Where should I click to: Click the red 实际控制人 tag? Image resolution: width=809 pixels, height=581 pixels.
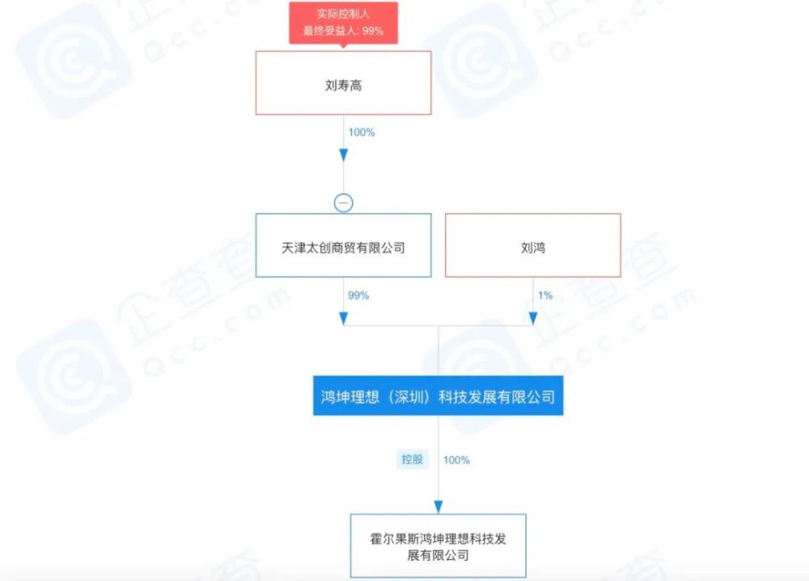pos(343,23)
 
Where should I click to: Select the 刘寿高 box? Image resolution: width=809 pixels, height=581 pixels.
pos(343,83)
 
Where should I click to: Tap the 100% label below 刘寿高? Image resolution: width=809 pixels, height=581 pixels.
pos(361,133)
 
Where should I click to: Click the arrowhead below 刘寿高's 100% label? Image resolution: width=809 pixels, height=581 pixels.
pos(344,155)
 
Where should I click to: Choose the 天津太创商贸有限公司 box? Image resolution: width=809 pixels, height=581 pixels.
pos(343,246)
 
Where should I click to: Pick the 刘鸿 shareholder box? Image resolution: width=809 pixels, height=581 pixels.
pos(533,246)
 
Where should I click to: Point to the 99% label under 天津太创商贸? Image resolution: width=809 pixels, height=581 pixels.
pos(358,295)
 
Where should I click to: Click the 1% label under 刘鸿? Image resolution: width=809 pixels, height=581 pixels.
pos(545,295)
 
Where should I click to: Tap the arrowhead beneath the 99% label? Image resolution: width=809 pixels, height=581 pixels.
pos(344,318)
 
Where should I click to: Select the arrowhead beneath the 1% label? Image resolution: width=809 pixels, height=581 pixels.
pos(533,318)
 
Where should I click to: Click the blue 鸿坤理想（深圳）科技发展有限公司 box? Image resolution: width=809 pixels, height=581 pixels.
pos(438,396)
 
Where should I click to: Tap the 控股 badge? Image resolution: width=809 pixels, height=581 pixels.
pos(413,460)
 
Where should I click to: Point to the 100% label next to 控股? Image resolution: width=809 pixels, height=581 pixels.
pos(456,460)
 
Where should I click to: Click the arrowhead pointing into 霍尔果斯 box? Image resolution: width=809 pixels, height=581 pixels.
pos(438,507)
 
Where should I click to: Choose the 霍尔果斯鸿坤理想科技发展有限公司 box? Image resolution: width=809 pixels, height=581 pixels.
pos(438,545)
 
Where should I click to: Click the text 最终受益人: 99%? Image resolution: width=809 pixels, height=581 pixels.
pos(343,31)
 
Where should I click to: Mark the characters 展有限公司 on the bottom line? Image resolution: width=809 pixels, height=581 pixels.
pos(438,555)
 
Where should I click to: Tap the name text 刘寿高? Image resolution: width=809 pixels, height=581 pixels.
pos(343,85)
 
